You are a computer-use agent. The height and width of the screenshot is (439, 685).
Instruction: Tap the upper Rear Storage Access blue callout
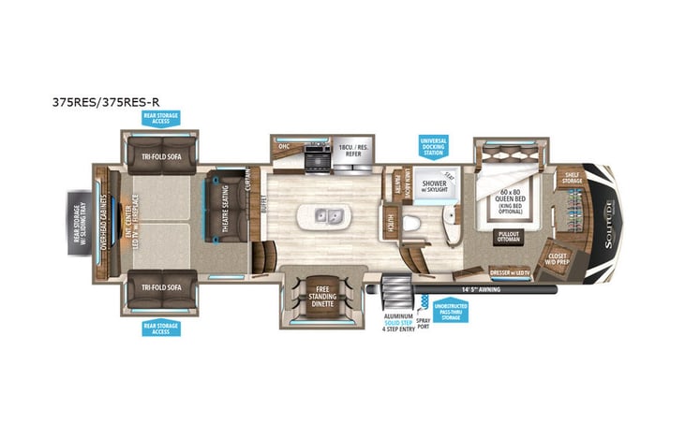[x=160, y=118]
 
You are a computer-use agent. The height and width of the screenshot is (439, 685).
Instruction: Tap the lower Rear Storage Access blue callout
[x=160, y=328]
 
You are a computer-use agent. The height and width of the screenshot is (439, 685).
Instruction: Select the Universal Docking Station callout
[x=435, y=148]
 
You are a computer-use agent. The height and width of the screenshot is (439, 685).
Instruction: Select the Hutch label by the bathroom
[x=388, y=220]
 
